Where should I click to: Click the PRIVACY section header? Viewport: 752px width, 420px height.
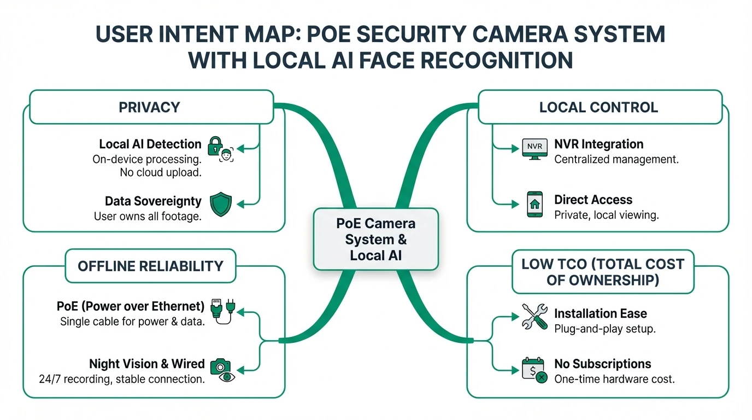point(150,107)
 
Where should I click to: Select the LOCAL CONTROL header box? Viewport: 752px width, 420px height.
point(599,107)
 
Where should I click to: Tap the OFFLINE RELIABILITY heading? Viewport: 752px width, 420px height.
point(150,266)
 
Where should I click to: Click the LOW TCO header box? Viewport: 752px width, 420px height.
point(602,272)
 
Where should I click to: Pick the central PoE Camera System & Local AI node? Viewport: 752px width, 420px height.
point(375,239)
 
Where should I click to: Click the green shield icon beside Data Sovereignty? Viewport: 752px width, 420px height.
point(221,204)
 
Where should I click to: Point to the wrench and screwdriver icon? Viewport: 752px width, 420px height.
point(534,317)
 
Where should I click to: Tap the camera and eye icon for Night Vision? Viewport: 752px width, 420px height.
point(221,369)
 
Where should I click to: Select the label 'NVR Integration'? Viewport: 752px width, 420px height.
point(598,144)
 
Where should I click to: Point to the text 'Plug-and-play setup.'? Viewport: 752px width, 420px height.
point(604,329)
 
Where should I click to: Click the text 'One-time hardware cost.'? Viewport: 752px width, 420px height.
point(614,379)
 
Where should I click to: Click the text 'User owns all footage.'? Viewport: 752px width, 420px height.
point(148,217)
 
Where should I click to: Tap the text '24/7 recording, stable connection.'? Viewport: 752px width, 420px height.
point(122,379)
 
